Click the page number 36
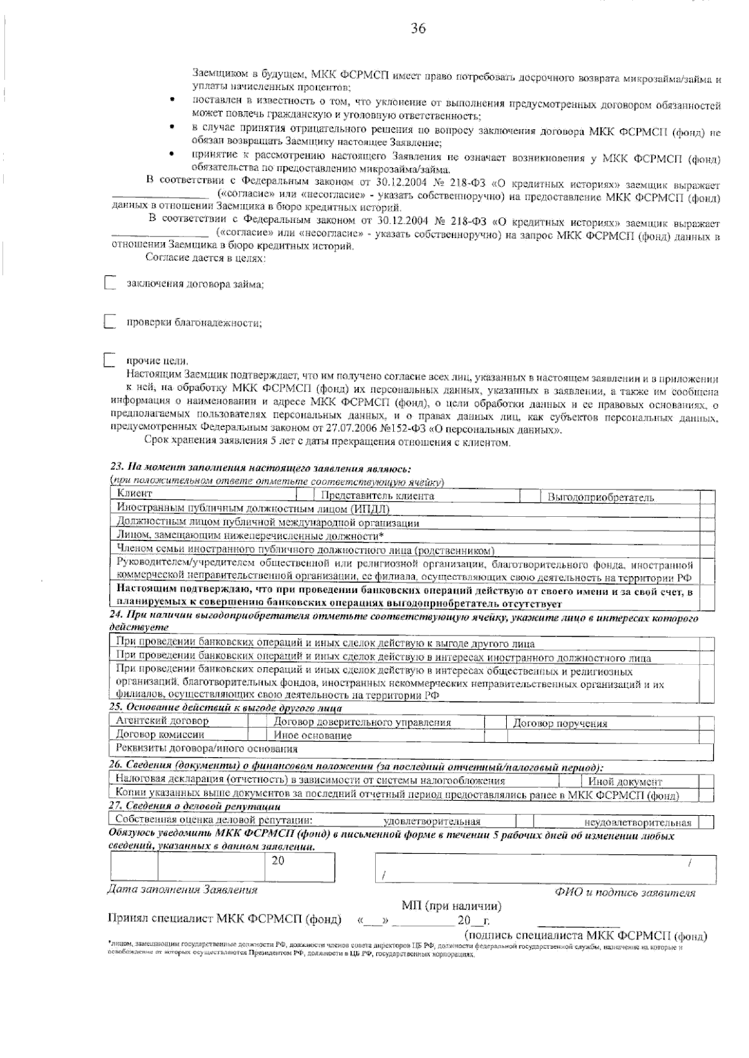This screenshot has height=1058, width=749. tap(418, 29)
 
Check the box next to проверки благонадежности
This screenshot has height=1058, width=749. tap(110, 323)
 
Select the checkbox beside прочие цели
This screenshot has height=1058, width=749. tap(110, 361)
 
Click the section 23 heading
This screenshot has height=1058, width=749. tap(260, 468)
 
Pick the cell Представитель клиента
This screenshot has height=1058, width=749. tap(377, 496)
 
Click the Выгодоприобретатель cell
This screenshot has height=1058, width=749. tap(600, 497)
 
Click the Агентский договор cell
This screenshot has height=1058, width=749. tap(162, 721)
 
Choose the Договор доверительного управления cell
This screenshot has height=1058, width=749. tap(363, 722)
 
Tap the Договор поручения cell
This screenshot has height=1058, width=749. tap(560, 723)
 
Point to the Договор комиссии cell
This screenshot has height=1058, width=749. tap(160, 735)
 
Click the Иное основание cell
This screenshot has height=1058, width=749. tap(313, 736)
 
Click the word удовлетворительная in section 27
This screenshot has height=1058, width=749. tap(431, 821)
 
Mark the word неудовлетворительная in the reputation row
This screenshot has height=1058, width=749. tap(637, 823)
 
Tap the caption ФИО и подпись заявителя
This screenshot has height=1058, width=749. tap(625, 893)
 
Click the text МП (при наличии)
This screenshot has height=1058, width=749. tap(451, 906)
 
